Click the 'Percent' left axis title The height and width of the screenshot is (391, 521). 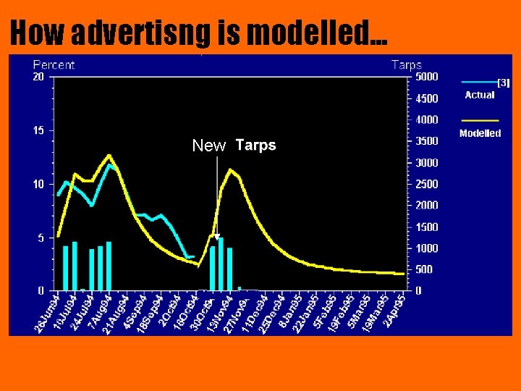(54, 64)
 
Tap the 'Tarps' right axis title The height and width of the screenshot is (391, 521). (406, 64)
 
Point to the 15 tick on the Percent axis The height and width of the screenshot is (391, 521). (39, 130)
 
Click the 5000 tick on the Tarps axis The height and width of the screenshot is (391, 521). (426, 76)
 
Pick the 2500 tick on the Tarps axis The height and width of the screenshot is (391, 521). (426, 184)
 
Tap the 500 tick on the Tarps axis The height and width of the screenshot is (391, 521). (423, 269)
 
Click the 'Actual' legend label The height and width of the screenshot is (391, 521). (479, 95)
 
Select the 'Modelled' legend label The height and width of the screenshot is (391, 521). (480, 133)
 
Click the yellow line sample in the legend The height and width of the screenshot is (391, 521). (479, 120)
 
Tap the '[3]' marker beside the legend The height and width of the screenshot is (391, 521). (504, 83)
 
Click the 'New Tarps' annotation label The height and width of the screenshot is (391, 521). (234, 146)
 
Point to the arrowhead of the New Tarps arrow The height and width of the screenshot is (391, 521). (216, 236)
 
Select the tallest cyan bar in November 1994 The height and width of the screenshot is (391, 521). (221, 264)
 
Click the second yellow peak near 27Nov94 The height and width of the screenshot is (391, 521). (231, 170)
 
